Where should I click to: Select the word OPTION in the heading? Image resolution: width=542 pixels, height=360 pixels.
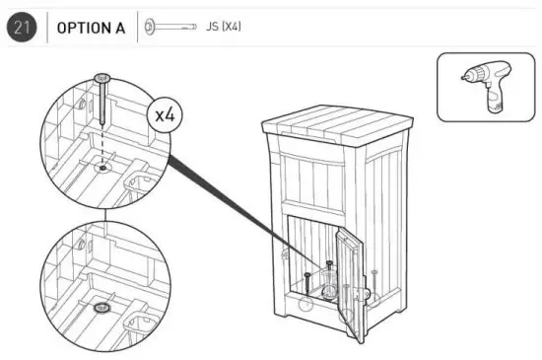84,28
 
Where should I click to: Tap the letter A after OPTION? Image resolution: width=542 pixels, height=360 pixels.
119,28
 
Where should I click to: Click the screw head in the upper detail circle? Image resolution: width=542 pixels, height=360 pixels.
101,78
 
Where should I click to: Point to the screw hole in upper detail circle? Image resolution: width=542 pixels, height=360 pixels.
101,168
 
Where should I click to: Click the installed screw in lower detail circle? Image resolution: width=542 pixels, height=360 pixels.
100,309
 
